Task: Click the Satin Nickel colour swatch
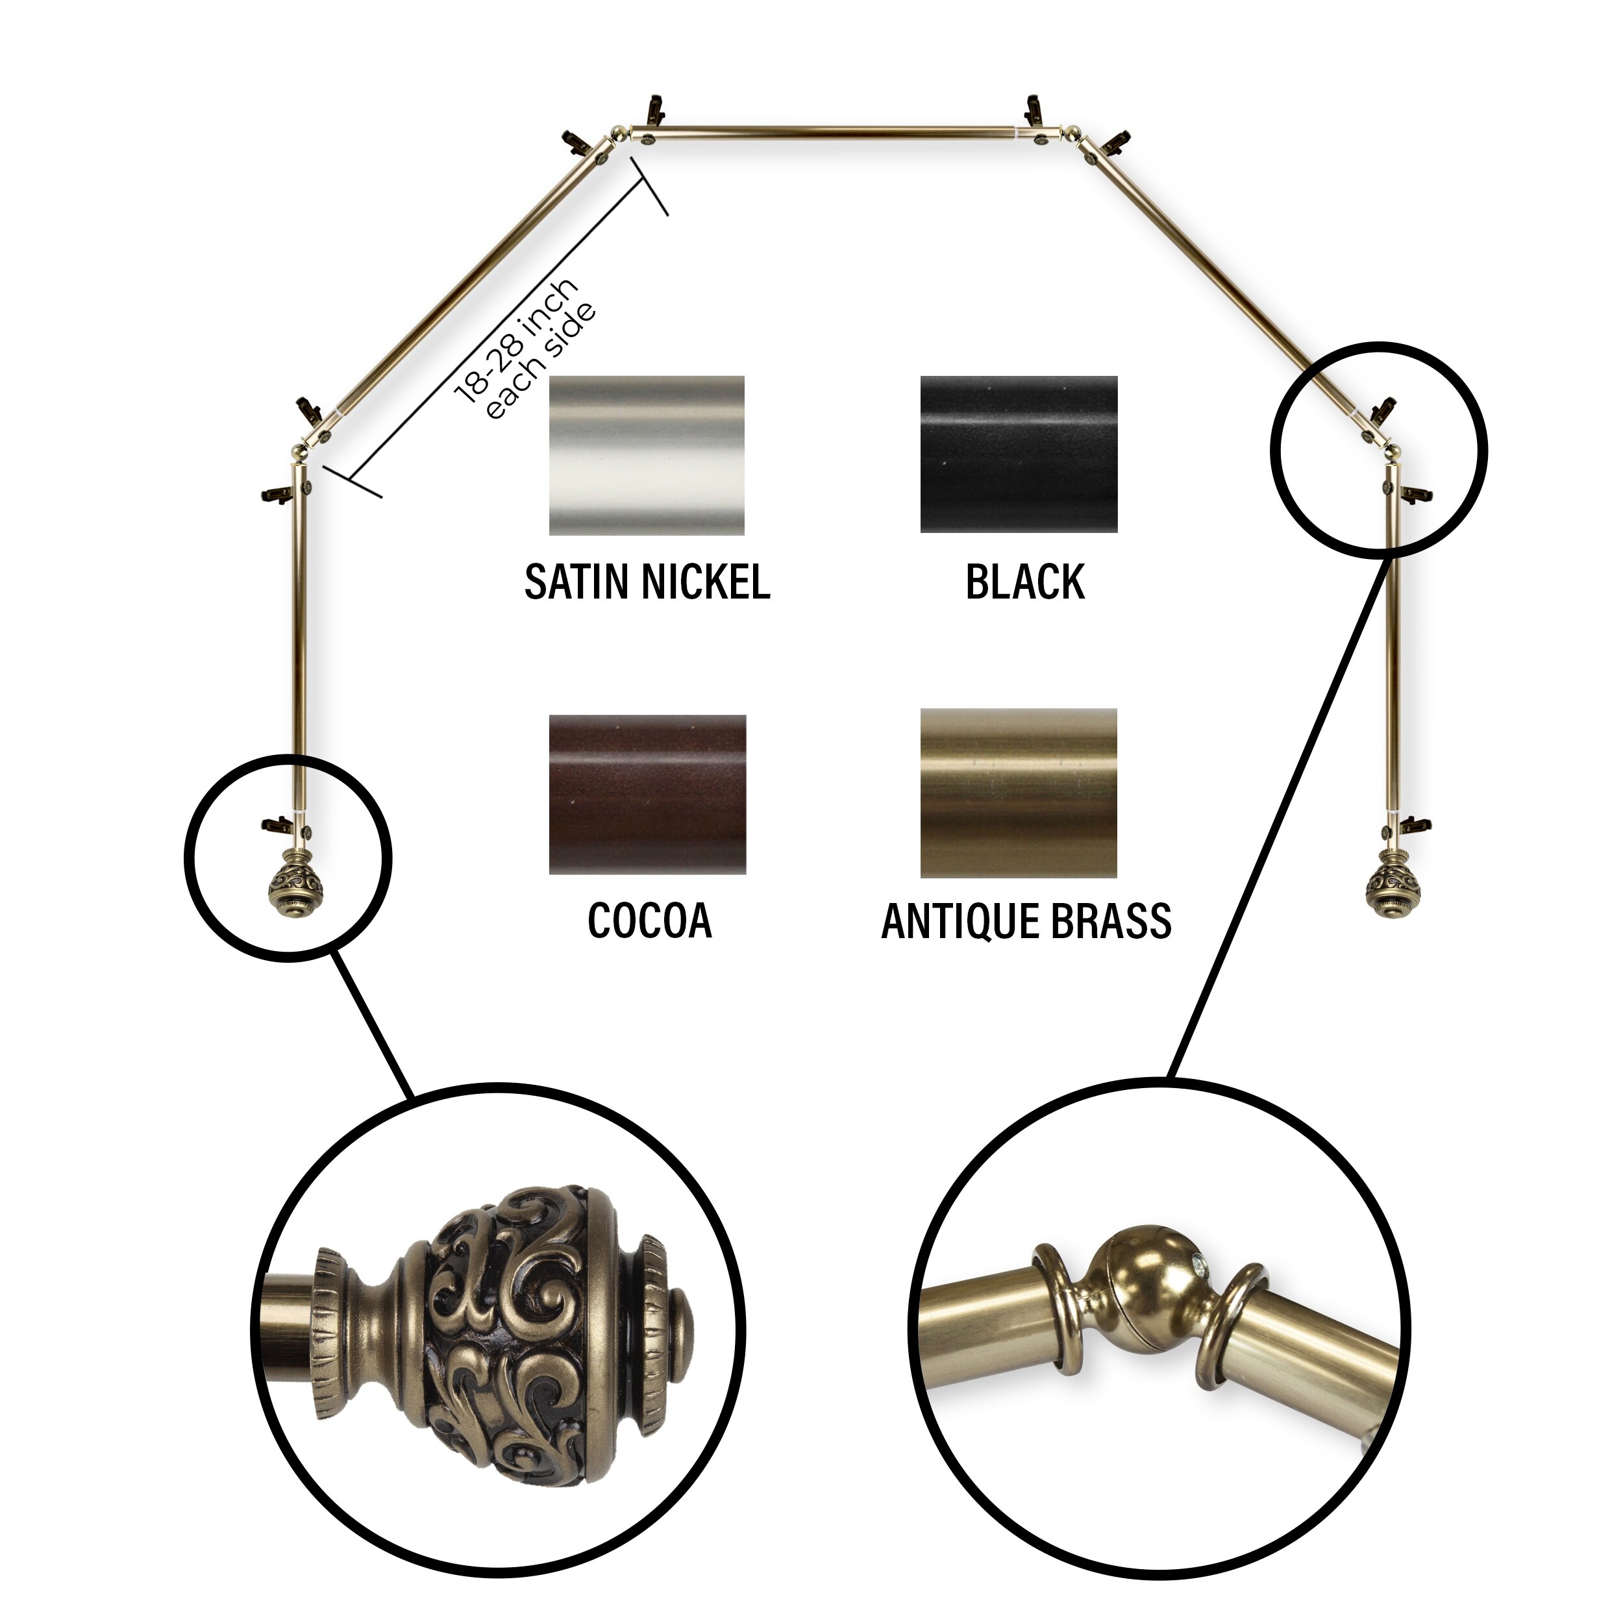[x=646, y=454]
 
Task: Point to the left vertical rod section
[x=297, y=638]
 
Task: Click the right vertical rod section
[x=1392, y=638]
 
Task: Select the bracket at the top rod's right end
[x=1034, y=111]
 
